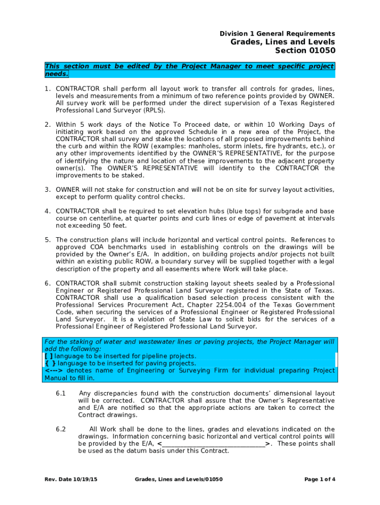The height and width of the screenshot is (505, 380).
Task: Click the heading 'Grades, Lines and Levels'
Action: (283, 42)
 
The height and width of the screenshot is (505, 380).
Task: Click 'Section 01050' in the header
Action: (305, 51)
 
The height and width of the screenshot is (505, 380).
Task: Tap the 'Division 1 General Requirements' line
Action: (277, 33)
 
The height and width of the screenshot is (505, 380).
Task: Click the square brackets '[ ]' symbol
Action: (48, 356)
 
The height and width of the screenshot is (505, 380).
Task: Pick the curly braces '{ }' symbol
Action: (49, 363)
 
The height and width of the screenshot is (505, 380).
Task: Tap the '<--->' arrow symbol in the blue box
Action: (54, 371)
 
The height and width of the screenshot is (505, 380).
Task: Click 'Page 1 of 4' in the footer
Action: (320, 479)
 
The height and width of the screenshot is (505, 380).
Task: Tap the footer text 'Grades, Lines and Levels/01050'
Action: (179, 479)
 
